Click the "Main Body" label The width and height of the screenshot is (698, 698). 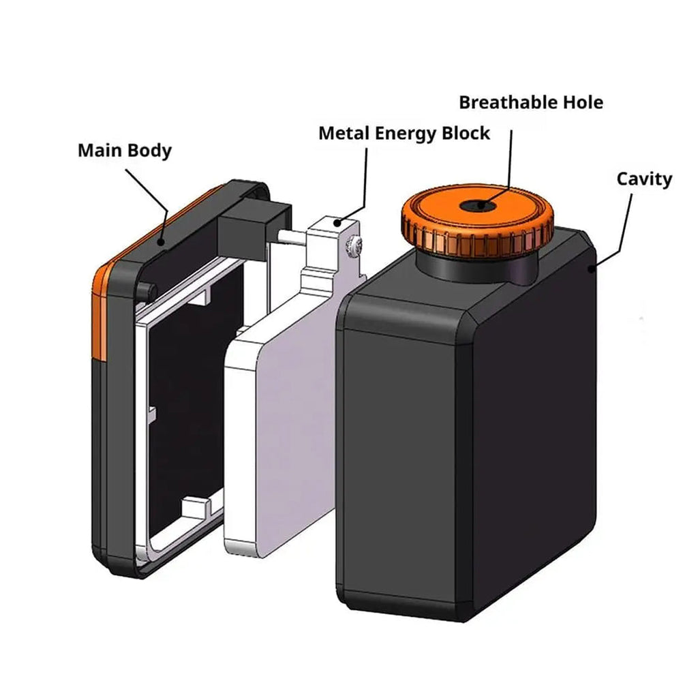[125, 151]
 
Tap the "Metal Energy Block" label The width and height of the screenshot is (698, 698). [404, 134]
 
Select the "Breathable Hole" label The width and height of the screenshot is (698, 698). [531, 102]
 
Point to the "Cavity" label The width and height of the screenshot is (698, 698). [644, 179]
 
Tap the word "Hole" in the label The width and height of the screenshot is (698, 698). [583, 102]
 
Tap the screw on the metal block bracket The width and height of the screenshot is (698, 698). [354, 245]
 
